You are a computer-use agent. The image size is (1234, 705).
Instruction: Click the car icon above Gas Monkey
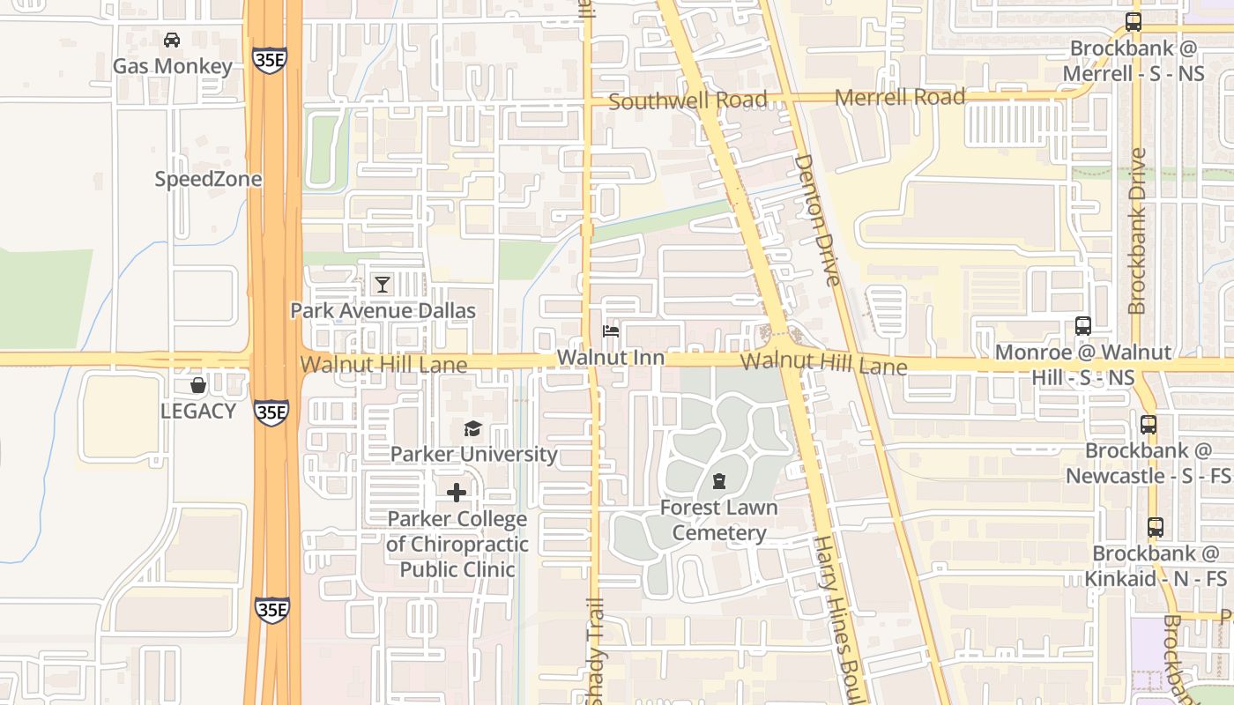click(172, 40)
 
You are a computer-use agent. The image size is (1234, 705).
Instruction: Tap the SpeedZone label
click(208, 179)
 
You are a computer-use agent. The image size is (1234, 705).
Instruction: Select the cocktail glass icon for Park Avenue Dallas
click(382, 284)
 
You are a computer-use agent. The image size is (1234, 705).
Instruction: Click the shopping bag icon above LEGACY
click(198, 385)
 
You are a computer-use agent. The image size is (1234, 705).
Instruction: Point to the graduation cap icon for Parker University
click(473, 429)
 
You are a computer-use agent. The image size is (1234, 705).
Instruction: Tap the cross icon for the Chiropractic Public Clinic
click(457, 493)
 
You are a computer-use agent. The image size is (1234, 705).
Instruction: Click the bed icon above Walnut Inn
click(610, 331)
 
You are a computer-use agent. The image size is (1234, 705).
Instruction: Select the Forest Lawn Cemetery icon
click(719, 481)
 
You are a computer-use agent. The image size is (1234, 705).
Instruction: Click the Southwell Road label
click(688, 100)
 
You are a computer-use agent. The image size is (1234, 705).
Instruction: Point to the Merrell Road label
click(900, 97)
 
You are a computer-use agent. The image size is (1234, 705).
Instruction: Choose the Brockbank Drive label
click(1137, 231)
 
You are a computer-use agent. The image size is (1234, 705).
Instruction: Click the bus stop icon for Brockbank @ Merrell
click(1134, 22)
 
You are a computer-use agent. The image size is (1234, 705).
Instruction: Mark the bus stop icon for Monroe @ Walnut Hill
click(1083, 325)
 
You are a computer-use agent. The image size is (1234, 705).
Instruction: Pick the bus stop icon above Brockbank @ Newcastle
click(1148, 424)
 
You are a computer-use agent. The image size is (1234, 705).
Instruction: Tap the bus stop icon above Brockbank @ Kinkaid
click(1156, 527)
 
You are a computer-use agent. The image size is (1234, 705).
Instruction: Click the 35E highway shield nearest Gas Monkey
click(269, 59)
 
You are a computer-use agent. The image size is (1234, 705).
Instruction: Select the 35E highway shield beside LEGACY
click(271, 411)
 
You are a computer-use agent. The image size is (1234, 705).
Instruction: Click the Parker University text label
click(473, 454)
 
